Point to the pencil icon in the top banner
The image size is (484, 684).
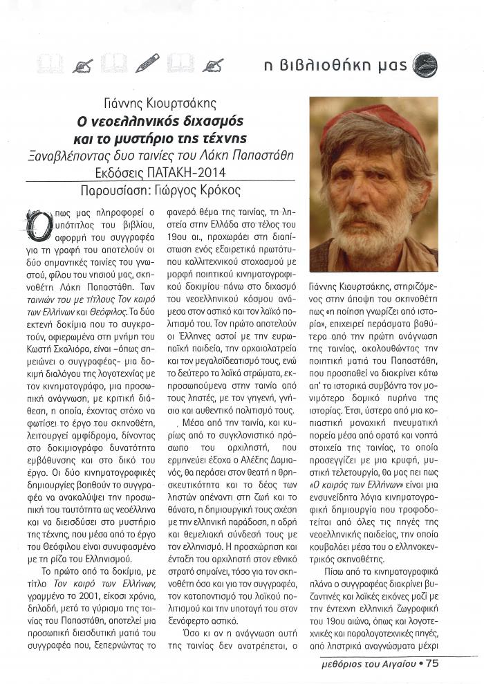point(147,64)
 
